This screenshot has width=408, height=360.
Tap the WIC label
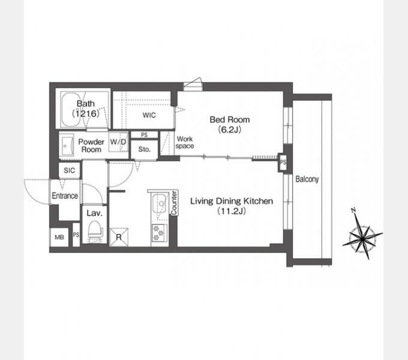coord(149,115)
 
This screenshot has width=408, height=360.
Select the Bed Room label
coord(229,119)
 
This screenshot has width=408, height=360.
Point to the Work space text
coord(184,142)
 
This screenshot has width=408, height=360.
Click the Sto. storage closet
coord(145,149)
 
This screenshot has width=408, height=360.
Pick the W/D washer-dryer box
coord(118,142)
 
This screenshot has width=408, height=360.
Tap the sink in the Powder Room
coord(67,145)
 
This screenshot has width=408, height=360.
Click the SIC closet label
coord(69,170)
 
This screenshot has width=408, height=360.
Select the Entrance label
coord(65,196)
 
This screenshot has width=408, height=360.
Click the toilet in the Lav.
coord(95,231)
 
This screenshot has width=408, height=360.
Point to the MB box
coord(59,237)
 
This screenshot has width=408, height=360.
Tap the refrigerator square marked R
coord(119,237)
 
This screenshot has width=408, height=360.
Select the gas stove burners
coord(160,233)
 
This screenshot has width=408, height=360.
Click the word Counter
coord(174,203)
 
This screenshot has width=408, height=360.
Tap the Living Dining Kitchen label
coord(232,201)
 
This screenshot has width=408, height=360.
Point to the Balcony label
coord(307,179)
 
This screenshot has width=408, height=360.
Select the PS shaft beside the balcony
coord(283,163)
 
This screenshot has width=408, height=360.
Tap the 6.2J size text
coord(229,130)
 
